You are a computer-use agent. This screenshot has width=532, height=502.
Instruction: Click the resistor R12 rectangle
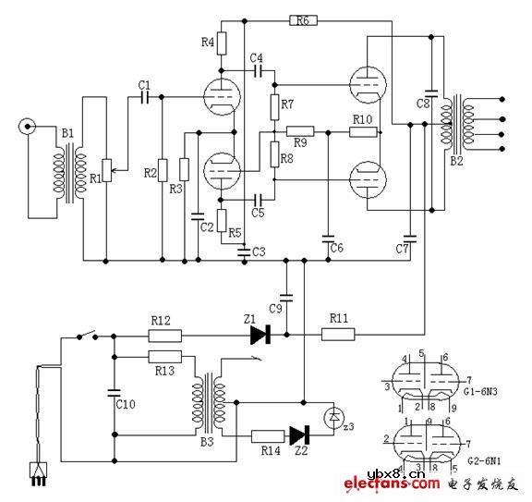pyautogui.click(x=166, y=336)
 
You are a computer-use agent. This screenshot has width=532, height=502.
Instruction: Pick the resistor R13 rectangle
pyautogui.click(x=166, y=356)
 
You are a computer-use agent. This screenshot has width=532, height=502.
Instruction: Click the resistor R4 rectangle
pyautogui.click(x=222, y=43)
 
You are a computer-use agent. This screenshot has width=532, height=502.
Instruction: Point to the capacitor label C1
pyautogui.click(x=144, y=84)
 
